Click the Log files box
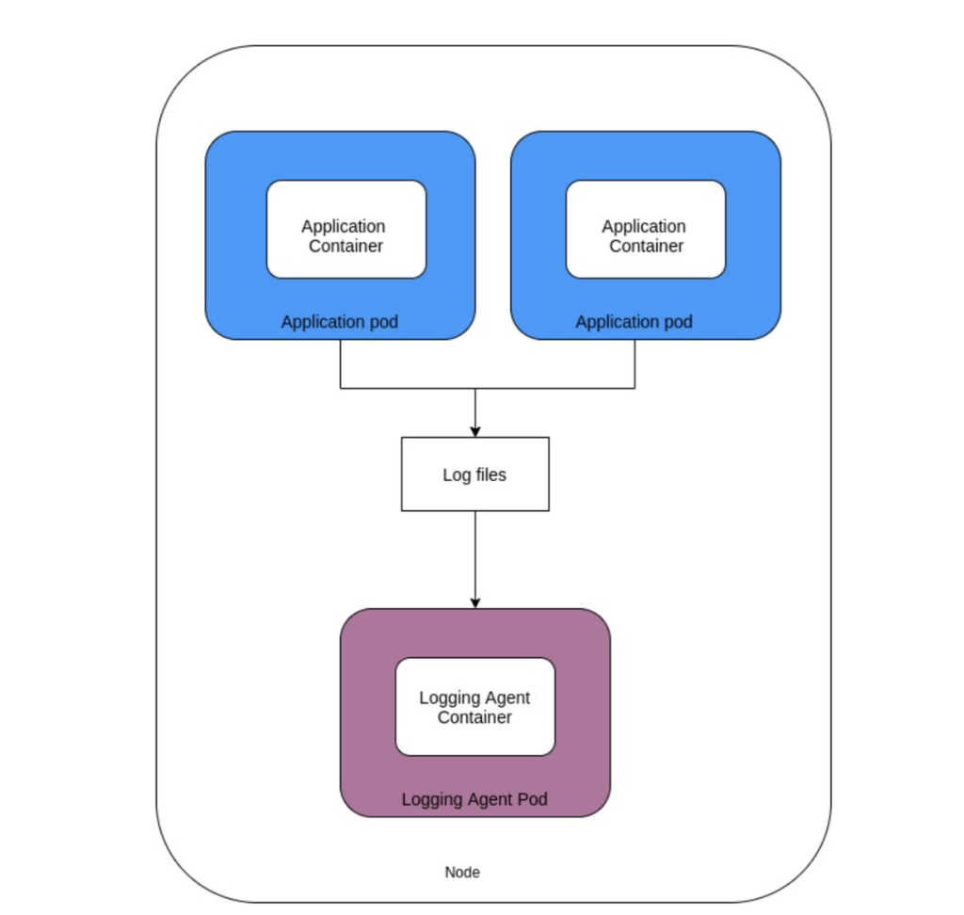pyautogui.click(x=475, y=474)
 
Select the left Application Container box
pyautogui.click(x=346, y=230)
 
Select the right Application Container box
pyautogui.click(x=646, y=230)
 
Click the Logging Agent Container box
pyautogui.click(x=475, y=707)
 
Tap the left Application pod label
pyautogui.click(x=339, y=322)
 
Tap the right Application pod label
pyautogui.click(x=634, y=322)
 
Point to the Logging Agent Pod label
pyautogui.click(x=474, y=799)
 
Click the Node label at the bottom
pyautogui.click(x=462, y=872)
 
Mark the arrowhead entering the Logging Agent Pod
pyautogui.click(x=475, y=603)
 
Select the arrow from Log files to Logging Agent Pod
pyautogui.click(x=475, y=559)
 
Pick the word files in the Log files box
pyautogui.click(x=491, y=474)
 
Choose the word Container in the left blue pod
pyautogui.click(x=345, y=246)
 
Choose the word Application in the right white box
pyautogui.click(x=644, y=227)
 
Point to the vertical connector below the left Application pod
pyautogui.click(x=341, y=363)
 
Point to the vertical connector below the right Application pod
pyautogui.click(x=635, y=363)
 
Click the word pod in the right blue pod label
pyautogui.click(x=677, y=322)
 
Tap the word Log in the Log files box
pyautogui.click(x=457, y=475)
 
